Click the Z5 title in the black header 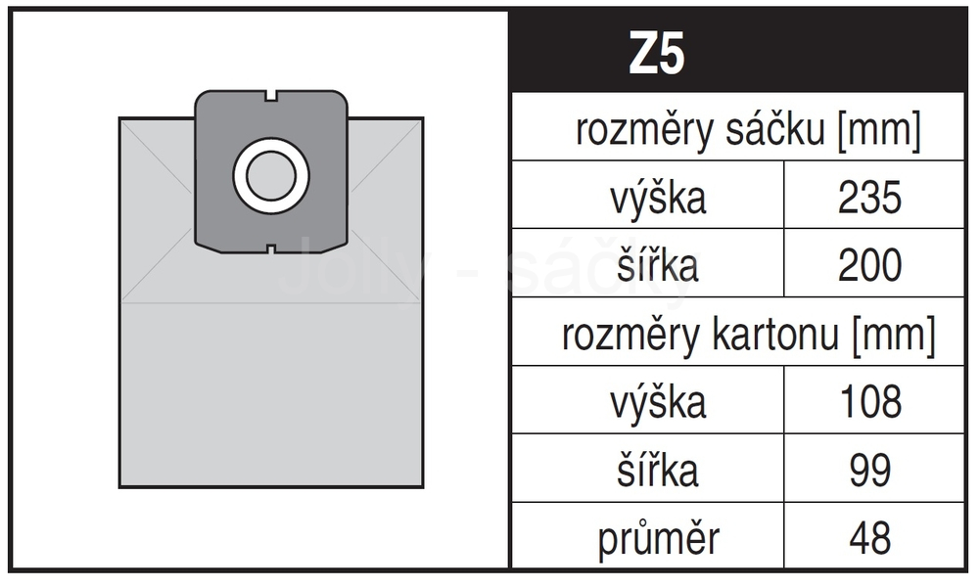657,54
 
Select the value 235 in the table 870,197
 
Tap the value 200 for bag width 870,265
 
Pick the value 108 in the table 870,401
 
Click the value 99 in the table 870,470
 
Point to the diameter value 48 870,538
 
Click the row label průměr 658,538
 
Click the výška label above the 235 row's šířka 658,198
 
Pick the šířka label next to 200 658,264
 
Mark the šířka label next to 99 658,469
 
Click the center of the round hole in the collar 271,176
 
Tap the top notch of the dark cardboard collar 271,95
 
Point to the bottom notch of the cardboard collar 271,249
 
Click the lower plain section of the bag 271,394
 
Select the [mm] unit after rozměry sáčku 879,130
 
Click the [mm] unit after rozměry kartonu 894,336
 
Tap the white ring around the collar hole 239,176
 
